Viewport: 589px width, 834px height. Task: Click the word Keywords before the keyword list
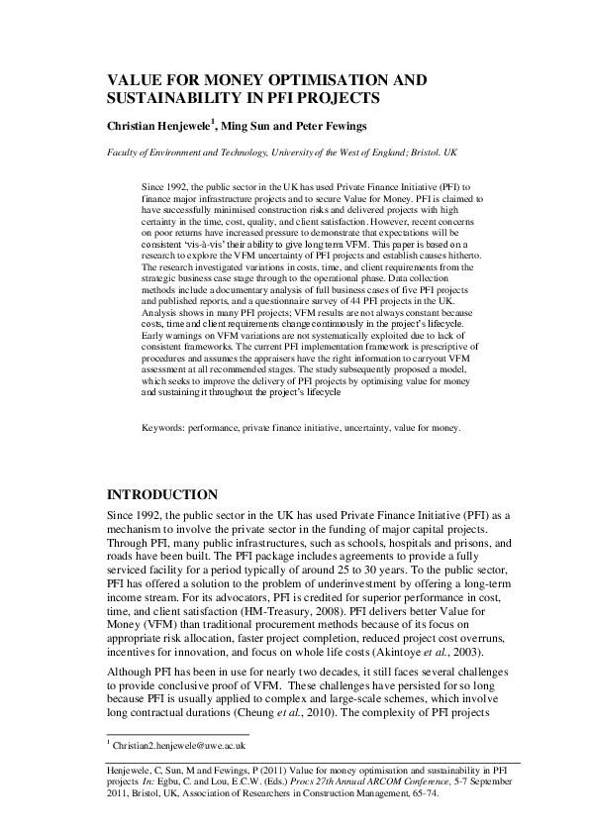tap(164, 456)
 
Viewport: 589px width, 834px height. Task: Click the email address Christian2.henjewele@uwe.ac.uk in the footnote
tap(179, 744)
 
